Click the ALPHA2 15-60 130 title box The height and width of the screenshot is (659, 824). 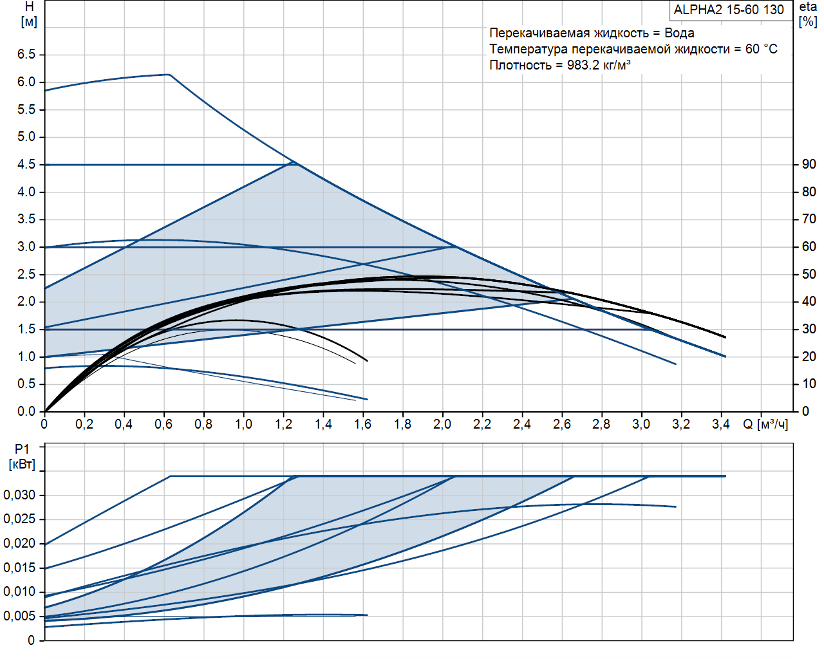point(729,10)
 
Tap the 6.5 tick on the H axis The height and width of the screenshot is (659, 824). point(26,55)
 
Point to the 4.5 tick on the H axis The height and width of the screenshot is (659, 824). point(26,165)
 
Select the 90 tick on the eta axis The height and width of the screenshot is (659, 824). point(809,165)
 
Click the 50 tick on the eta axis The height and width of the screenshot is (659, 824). point(809,274)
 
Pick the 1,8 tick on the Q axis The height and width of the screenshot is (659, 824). point(402,425)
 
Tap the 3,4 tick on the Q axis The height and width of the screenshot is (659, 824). point(720,425)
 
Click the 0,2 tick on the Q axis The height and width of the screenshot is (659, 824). point(84,425)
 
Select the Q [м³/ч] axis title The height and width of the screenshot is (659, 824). point(765,425)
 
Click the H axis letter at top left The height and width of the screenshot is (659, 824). point(29,7)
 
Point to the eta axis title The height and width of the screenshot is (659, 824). point(808,7)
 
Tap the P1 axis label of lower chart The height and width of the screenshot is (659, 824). point(23,449)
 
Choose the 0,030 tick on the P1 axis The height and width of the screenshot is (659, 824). point(19,496)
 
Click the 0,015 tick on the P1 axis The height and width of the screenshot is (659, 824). point(19,568)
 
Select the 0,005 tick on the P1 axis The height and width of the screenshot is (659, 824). point(19,617)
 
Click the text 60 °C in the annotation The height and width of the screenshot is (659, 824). point(761,50)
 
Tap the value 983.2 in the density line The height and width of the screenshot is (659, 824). point(583,66)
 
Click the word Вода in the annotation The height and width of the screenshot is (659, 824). point(679,33)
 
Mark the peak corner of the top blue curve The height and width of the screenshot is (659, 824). point(169,75)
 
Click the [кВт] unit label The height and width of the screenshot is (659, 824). point(23,465)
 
